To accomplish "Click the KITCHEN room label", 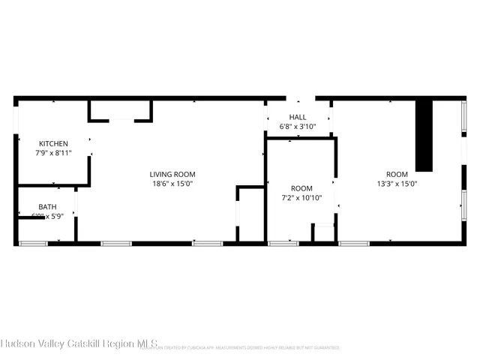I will (x=54, y=143).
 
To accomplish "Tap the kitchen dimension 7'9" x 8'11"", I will (x=54, y=152).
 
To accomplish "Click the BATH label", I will (x=47, y=207).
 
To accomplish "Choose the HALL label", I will (x=298, y=117).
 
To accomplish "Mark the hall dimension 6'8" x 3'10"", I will (x=298, y=127).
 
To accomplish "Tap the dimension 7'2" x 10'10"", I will (x=301, y=198).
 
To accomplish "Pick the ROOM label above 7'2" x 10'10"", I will (x=301, y=188).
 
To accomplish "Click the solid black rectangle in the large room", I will (x=424, y=136).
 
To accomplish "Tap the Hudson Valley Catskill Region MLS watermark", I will (x=79, y=344).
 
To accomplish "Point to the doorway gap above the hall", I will (x=301, y=98).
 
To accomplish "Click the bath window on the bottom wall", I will (x=33, y=243).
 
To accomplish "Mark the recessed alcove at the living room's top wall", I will (x=121, y=110).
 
